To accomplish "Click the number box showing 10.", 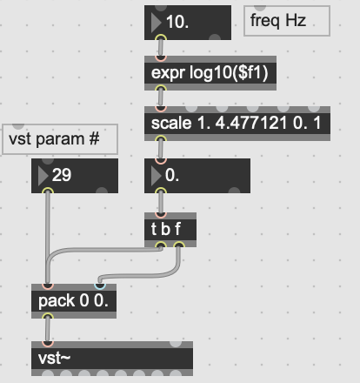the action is [188, 23].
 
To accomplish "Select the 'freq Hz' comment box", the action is [287, 21].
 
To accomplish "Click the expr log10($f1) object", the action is [210, 73].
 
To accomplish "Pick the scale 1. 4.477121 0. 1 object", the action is [237, 124].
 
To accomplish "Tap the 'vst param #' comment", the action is [60, 139].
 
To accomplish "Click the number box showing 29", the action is [75, 176].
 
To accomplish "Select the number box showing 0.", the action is [197, 176].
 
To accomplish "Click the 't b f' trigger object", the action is [170, 230].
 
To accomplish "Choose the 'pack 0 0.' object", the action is [74, 301].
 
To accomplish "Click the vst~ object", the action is [112, 359].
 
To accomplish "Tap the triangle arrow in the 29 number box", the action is [43, 176].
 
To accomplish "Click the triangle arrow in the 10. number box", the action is [156, 23].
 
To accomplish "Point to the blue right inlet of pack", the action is [100, 286].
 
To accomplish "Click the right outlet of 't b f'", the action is [179, 245].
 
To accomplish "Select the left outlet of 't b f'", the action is [161, 245].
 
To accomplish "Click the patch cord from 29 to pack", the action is [48, 238].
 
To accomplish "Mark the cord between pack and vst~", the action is [48, 330].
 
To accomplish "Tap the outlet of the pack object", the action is [48, 316].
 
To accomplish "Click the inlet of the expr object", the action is [161, 58].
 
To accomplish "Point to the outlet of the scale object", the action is [161, 138].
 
